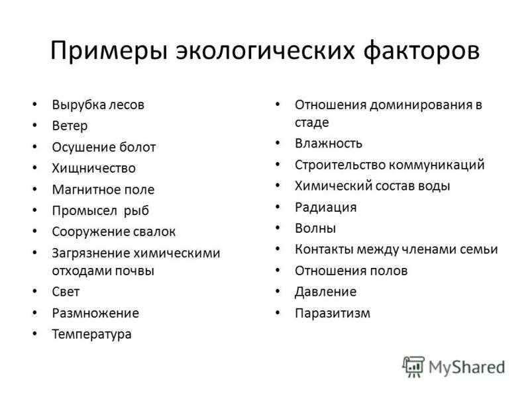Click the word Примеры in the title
(x=109, y=52)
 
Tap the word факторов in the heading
(x=421, y=52)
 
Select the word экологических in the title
(x=266, y=51)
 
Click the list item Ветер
(x=70, y=126)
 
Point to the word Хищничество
(x=94, y=169)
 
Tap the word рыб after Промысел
(x=136, y=211)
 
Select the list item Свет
(x=66, y=292)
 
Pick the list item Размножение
(x=95, y=314)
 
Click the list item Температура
(x=92, y=335)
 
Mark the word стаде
(x=311, y=122)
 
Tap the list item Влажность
(x=329, y=144)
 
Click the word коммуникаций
(x=437, y=165)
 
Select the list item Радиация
(x=326, y=208)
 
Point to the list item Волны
(x=315, y=228)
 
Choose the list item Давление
(x=326, y=292)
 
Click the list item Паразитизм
(x=333, y=313)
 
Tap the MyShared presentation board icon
(x=413, y=367)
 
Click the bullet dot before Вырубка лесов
(x=35, y=105)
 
